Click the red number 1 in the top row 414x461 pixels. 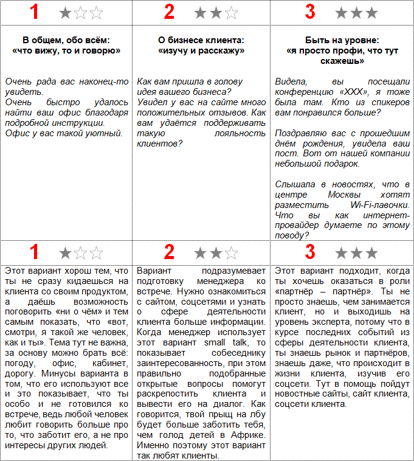pos(35,12)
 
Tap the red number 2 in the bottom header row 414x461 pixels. pos(170,251)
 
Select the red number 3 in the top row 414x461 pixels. pos(310,12)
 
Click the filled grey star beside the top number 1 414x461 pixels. pos(66,12)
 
